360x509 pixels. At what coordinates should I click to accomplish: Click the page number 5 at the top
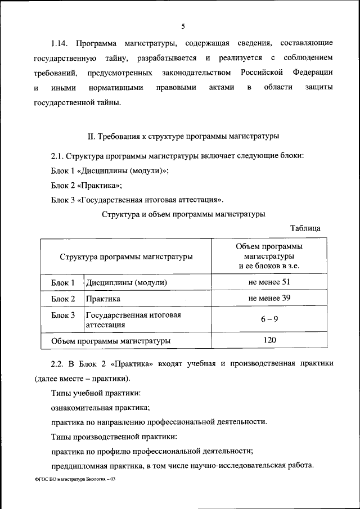(183, 26)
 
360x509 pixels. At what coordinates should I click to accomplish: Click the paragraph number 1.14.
(59, 43)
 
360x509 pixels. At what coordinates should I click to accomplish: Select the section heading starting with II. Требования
(184, 136)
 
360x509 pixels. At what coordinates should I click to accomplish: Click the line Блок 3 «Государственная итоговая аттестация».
(137, 199)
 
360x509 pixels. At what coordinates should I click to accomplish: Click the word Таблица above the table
(305, 228)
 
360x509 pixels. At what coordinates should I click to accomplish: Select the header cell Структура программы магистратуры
(126, 256)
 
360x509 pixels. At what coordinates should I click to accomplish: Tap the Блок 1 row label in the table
(63, 282)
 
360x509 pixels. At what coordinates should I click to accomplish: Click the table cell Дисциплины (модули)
(127, 282)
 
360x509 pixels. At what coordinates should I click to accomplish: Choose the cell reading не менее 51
(269, 282)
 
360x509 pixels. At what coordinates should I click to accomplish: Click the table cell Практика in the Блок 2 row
(103, 299)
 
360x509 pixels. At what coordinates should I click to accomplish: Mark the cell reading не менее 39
(269, 298)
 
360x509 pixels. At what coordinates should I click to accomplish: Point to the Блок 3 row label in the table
(63, 315)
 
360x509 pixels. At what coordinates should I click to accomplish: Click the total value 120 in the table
(269, 340)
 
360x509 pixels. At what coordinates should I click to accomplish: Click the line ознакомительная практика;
(100, 407)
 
